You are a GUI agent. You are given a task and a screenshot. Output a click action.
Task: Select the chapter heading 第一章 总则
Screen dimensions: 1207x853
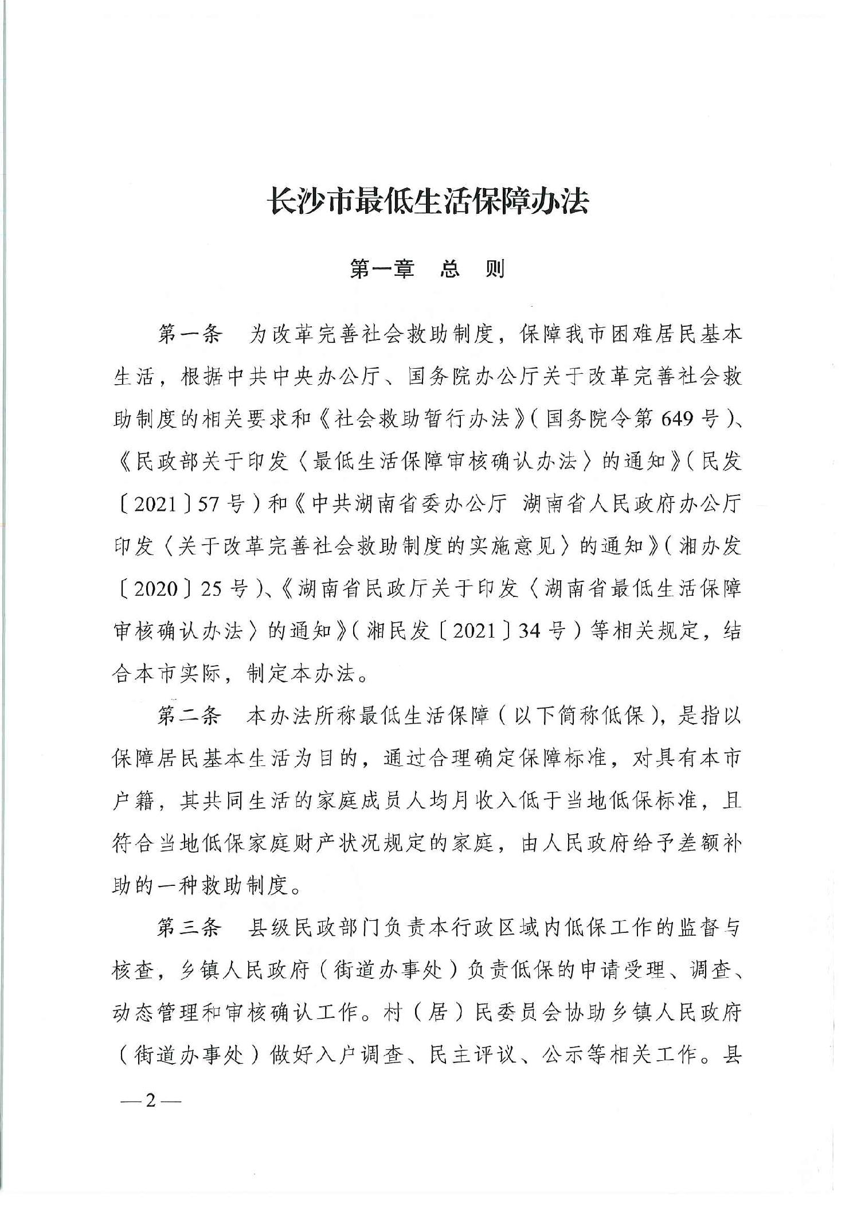[427, 269]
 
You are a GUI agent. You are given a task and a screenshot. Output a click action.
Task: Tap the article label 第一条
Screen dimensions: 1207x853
[189, 335]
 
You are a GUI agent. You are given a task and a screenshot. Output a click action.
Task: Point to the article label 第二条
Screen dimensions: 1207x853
[189, 716]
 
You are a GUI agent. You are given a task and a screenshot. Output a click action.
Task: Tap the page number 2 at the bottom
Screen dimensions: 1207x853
[151, 1100]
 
